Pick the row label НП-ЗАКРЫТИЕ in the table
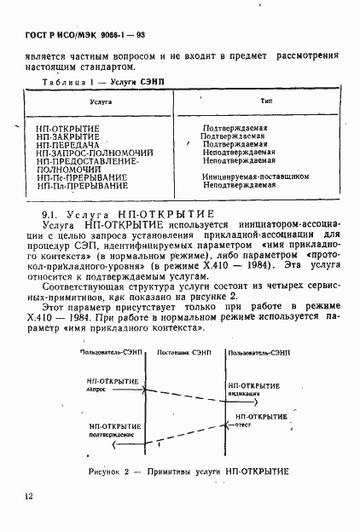coord(67,136)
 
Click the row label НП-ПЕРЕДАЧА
coord(67,144)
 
